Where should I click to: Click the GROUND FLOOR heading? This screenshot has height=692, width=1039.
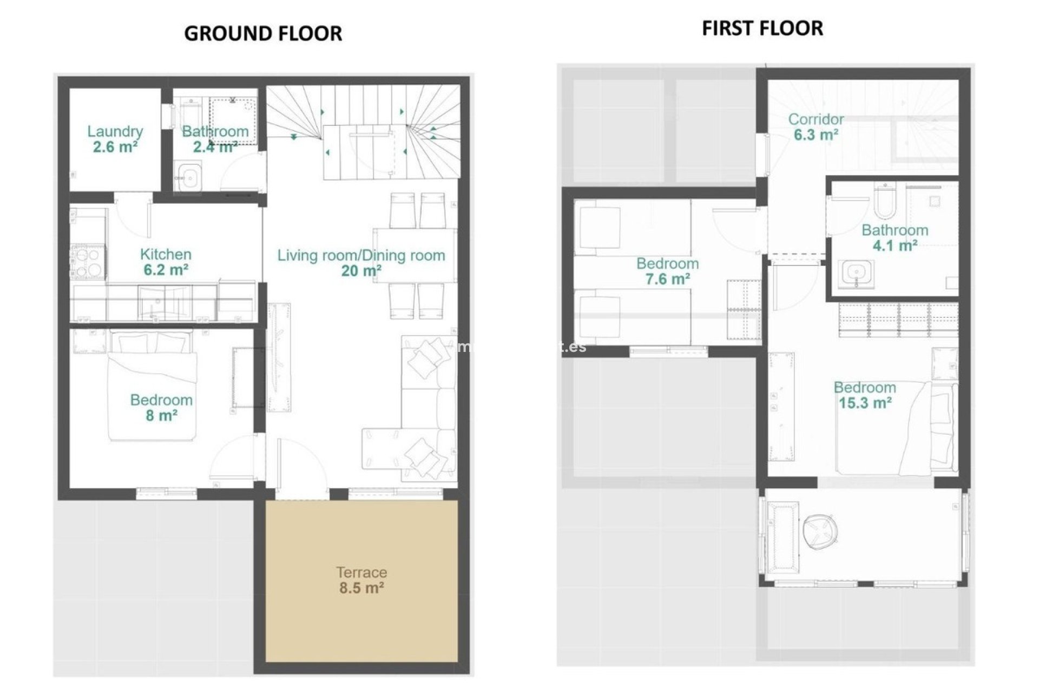pos(263,34)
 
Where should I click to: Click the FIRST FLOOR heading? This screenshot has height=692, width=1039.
pos(762,28)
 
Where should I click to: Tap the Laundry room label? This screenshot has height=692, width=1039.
pos(115,131)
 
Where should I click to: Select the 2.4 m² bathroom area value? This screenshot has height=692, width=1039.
pos(215,147)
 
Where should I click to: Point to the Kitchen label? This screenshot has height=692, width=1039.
pos(166,254)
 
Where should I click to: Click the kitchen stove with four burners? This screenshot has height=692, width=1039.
pos(88,262)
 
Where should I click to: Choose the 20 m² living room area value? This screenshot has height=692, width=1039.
pos(361,270)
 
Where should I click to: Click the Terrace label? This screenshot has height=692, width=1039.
pos(361,572)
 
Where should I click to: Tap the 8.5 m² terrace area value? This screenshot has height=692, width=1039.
pos(361,588)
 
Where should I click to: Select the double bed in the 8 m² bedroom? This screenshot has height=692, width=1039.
pos(152,387)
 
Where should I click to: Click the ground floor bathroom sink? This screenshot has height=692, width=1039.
pos(188,176)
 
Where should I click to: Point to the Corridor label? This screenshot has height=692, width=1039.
pos(816,119)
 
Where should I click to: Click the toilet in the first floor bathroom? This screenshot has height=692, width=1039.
pos(885,200)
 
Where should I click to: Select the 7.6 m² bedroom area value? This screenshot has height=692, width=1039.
pos(667,279)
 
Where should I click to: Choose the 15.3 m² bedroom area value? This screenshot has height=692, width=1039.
pos(865,403)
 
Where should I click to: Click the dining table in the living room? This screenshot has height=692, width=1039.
pos(415,255)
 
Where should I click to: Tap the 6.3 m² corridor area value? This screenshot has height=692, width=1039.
pos(816,135)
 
